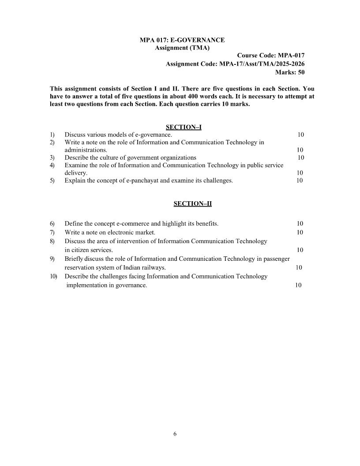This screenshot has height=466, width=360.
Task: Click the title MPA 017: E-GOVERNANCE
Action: (182, 40)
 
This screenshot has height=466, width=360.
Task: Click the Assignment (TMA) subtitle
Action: (182, 48)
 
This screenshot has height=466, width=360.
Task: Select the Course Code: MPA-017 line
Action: (271, 56)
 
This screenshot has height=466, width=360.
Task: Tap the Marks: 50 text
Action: (290, 72)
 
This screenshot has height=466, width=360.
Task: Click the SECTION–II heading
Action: (192, 203)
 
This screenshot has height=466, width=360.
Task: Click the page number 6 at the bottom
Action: (175, 434)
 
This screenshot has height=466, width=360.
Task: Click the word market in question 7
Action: (145, 232)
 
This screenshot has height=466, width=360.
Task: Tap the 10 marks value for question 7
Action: (300, 232)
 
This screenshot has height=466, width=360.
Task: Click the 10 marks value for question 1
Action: (301, 135)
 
